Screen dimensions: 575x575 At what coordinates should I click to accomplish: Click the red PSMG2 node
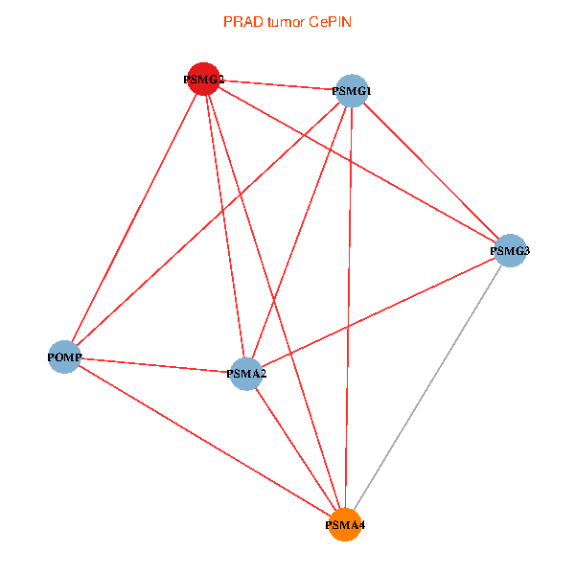click(x=204, y=80)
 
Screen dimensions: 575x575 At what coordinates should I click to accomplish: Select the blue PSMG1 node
click(x=352, y=91)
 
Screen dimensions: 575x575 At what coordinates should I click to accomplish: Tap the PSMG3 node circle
click(x=510, y=251)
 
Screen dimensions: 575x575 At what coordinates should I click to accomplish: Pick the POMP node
click(x=64, y=357)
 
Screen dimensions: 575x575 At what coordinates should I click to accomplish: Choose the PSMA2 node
click(x=246, y=373)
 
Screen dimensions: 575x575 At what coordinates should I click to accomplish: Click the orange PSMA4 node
click(x=345, y=525)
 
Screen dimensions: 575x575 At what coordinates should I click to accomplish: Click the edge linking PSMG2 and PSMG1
click(x=278, y=85)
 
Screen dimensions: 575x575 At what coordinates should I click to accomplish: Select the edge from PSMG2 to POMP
click(x=134, y=218)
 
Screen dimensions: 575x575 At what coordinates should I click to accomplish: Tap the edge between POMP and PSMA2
click(x=155, y=365)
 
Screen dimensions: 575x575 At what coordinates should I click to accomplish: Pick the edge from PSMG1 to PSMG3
click(x=431, y=172)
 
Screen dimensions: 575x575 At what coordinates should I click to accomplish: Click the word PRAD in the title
click(x=240, y=22)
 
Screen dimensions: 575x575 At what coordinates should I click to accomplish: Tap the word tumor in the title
click(x=284, y=22)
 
